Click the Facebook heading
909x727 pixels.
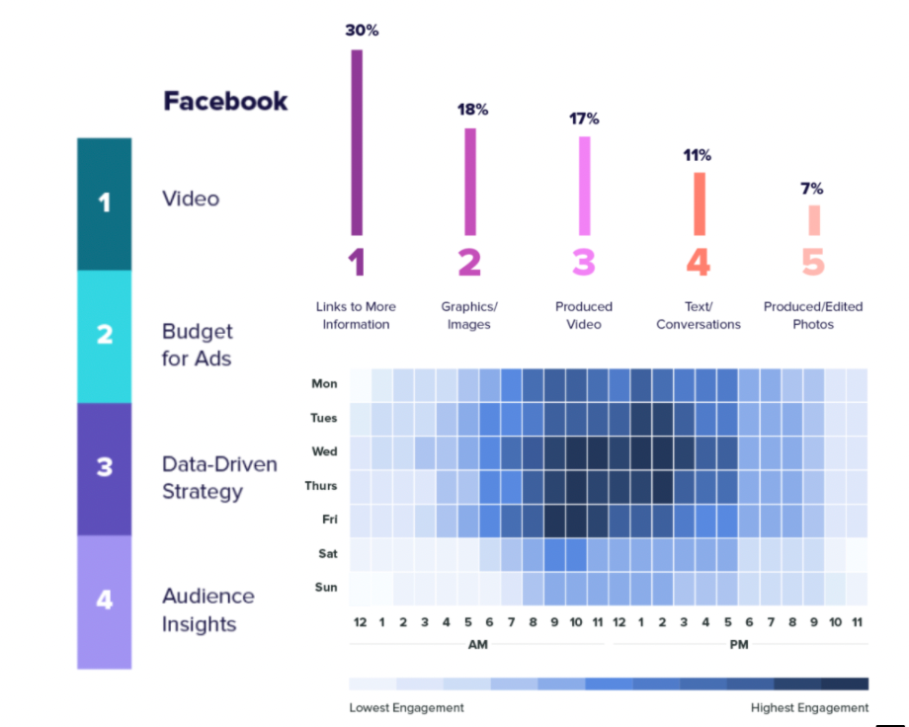(x=225, y=101)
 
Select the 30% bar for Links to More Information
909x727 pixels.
(x=357, y=142)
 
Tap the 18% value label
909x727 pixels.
(x=471, y=110)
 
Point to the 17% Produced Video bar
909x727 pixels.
(x=584, y=185)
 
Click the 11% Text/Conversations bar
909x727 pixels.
(x=699, y=202)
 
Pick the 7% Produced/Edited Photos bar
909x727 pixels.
(x=813, y=219)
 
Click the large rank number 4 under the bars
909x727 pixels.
(x=699, y=263)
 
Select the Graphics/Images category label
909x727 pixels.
(x=469, y=315)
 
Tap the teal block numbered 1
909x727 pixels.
(x=104, y=203)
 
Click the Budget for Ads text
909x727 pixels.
(x=198, y=344)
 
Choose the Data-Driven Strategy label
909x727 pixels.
(x=219, y=477)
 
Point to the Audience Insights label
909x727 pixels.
(x=207, y=609)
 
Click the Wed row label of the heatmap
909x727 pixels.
(x=324, y=451)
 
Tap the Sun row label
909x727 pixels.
(x=326, y=587)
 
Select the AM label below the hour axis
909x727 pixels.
(x=477, y=644)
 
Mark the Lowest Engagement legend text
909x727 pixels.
(x=406, y=707)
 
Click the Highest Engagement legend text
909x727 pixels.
(x=810, y=707)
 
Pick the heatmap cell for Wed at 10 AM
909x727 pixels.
(x=575, y=452)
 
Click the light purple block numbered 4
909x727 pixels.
(x=104, y=601)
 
